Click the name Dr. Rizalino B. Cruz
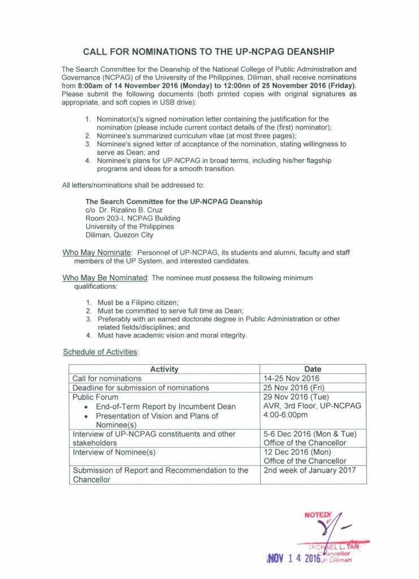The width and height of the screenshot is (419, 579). pos(122,210)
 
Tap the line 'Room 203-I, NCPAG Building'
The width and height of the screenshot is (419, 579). pos(132,218)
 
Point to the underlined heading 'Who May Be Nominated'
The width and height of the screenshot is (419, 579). pos(105,278)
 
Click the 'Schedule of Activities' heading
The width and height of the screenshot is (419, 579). pos(100,352)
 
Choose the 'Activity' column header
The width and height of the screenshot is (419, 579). pos(165,369)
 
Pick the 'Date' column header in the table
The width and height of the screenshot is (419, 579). pos(313,369)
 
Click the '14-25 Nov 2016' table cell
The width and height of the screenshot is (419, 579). pos(291,378)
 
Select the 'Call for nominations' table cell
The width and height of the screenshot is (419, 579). pos(107,378)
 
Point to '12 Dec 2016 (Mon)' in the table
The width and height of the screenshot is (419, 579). pos(297,452)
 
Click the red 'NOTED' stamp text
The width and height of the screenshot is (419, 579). pos(316,515)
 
